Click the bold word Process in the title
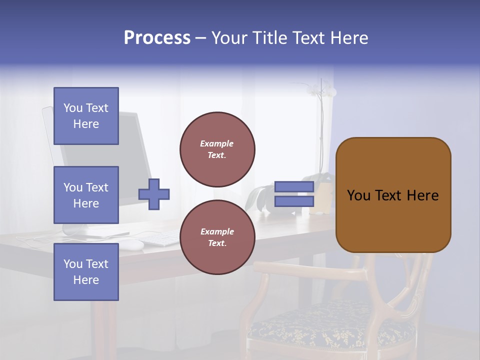(x=157, y=38)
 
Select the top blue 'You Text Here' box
(x=86, y=116)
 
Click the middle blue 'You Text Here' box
(x=86, y=195)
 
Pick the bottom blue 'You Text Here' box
(x=86, y=272)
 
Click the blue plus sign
(x=154, y=194)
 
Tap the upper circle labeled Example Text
(x=217, y=149)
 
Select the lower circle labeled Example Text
(x=217, y=237)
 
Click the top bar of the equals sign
(x=294, y=187)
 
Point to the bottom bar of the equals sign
(x=294, y=201)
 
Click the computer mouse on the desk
(x=131, y=244)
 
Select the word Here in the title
(x=349, y=38)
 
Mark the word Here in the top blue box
(x=86, y=124)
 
